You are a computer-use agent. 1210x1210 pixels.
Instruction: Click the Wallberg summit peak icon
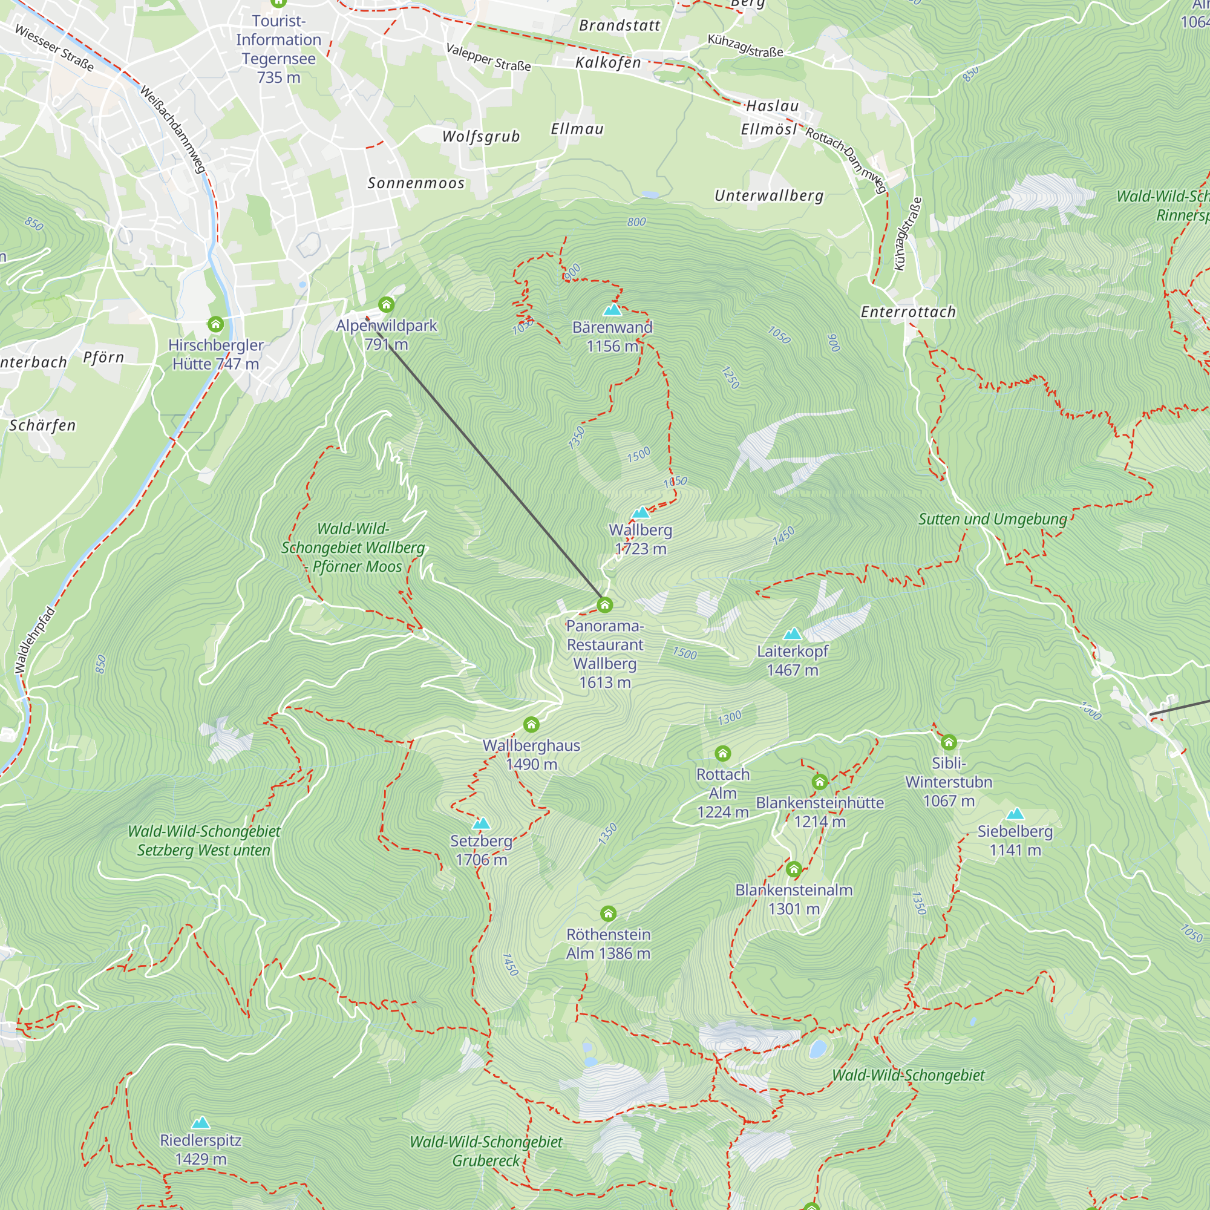pyautogui.click(x=640, y=512)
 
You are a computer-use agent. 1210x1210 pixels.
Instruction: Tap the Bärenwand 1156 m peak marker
pyautogui.click(x=612, y=309)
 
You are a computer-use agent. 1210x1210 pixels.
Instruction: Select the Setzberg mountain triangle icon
pyautogui.click(x=481, y=823)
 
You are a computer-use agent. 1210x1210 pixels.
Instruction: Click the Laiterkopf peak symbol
pyautogui.click(x=793, y=633)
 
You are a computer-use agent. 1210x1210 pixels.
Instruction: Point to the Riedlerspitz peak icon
pyautogui.click(x=200, y=1122)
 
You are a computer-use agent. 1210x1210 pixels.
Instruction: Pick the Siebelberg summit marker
pyautogui.click(x=1015, y=814)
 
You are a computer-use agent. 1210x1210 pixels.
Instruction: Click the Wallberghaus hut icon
pyautogui.click(x=531, y=725)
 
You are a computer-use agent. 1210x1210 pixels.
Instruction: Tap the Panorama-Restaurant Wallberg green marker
pyautogui.click(x=604, y=604)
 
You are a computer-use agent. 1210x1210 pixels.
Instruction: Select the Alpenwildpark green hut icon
pyautogui.click(x=386, y=304)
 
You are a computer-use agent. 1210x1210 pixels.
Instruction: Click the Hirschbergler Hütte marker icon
pyautogui.click(x=215, y=324)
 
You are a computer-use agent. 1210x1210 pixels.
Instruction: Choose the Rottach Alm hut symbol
pyautogui.click(x=722, y=753)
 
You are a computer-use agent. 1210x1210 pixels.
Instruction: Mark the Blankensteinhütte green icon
pyautogui.click(x=819, y=781)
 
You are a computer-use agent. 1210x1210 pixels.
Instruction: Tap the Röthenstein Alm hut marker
pyautogui.click(x=607, y=913)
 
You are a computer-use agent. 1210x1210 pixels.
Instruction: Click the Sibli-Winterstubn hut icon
pyautogui.click(x=948, y=742)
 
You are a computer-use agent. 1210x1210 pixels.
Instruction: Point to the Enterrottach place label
pyautogui.click(x=908, y=312)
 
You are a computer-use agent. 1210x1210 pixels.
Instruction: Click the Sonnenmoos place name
pyautogui.click(x=416, y=183)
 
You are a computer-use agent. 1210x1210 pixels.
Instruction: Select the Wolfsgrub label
pyautogui.click(x=481, y=137)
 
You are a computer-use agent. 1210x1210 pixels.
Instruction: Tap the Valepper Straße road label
pyautogui.click(x=488, y=57)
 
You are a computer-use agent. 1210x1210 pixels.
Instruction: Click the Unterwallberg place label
pyautogui.click(x=768, y=195)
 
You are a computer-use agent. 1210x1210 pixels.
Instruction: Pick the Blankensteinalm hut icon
pyautogui.click(x=794, y=869)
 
